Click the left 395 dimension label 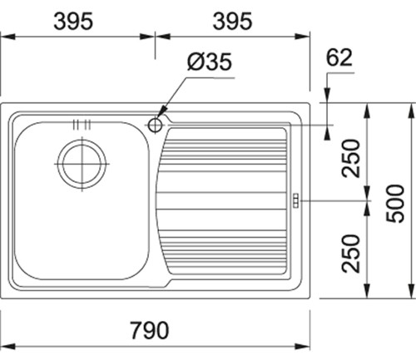point(73,22)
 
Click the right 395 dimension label point(232,22)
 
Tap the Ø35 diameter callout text point(209,62)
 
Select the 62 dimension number point(339,57)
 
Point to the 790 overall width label point(150,330)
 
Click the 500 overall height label point(395,204)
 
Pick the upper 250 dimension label point(350,158)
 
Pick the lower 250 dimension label point(350,254)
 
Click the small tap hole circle point(155,126)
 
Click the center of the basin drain point(82,164)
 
